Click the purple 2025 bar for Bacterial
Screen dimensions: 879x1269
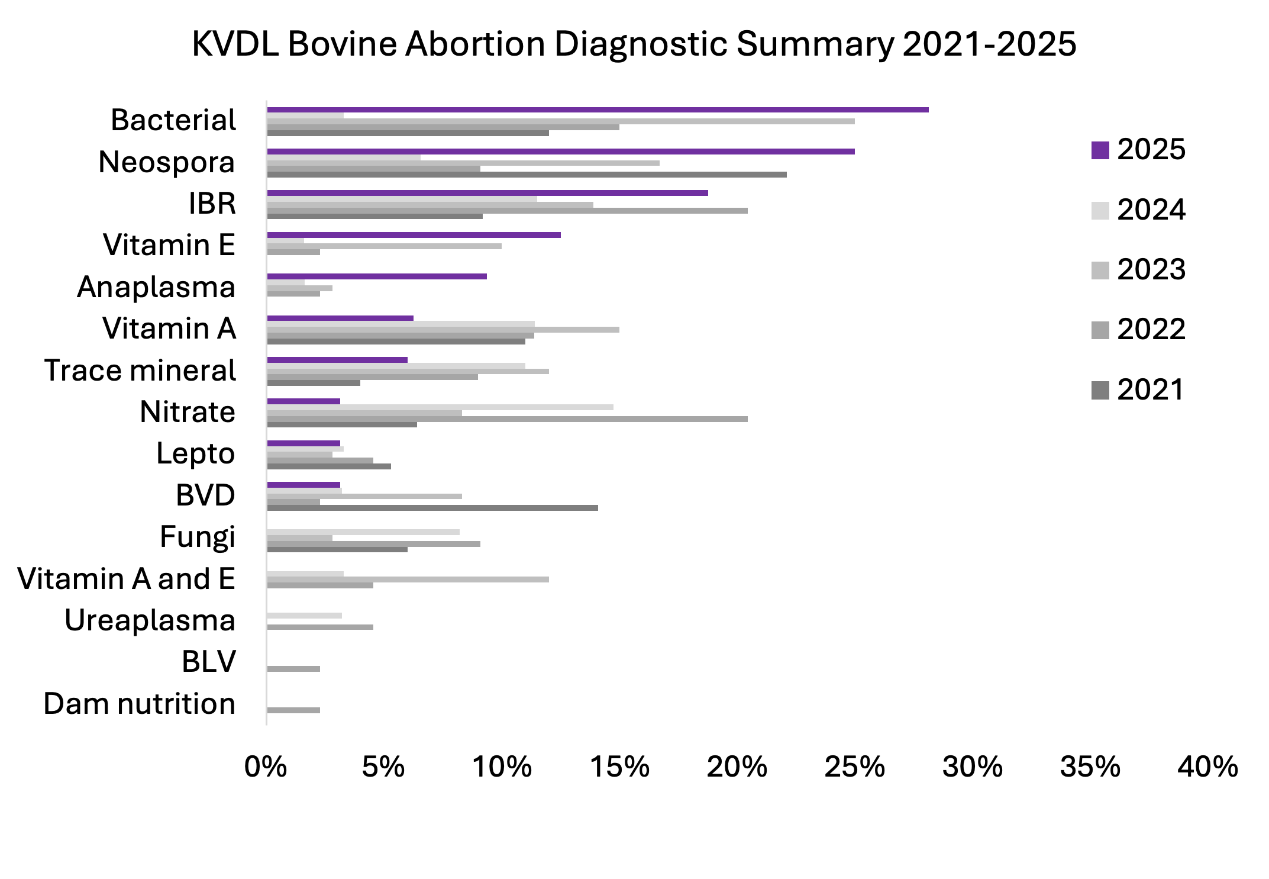[598, 110]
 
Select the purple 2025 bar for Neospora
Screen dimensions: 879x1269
[560, 152]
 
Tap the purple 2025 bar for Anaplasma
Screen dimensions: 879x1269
[376, 276]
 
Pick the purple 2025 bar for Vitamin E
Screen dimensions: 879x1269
[414, 235]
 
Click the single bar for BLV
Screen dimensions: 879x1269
[293, 669]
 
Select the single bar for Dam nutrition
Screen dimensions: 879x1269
[293, 710]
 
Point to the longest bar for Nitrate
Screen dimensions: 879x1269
[507, 419]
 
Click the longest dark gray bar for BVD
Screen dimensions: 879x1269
[432, 508]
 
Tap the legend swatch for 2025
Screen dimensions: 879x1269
[1100, 150]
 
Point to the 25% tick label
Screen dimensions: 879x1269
[854, 767]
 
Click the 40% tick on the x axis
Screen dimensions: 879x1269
[1207, 767]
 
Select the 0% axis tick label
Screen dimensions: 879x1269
[266, 767]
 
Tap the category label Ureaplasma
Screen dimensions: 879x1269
[150, 621]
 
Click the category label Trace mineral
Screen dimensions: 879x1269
[140, 371]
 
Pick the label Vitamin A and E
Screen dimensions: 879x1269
[126, 579]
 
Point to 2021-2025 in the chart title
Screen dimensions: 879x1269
[989, 44]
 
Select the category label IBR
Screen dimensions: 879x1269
[212, 204]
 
